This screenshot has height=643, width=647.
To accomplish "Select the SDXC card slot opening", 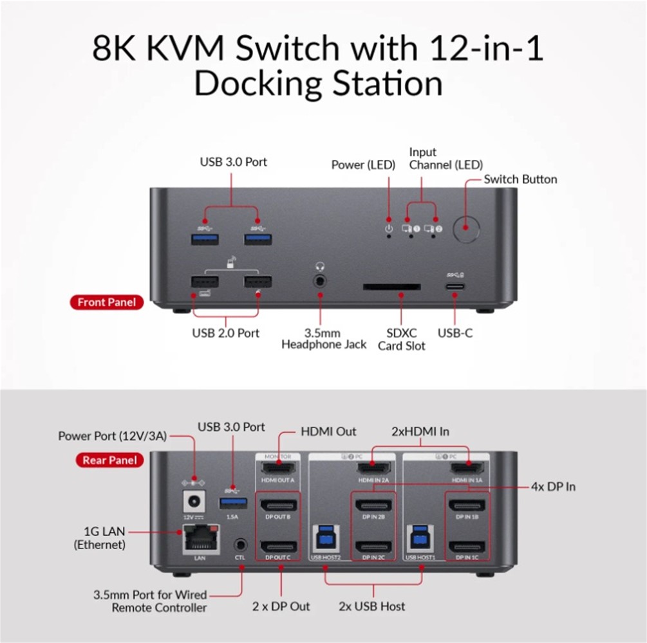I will tap(392, 287).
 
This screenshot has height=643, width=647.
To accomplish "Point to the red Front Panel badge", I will tap(107, 302).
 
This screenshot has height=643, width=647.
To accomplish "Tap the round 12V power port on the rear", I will tap(191, 502).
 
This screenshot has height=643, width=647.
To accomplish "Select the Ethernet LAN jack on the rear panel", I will tap(200, 539).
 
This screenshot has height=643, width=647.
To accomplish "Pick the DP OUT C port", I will tap(278, 547).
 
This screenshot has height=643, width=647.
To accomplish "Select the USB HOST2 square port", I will tap(324, 540).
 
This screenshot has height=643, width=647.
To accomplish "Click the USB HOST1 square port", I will tap(420, 540).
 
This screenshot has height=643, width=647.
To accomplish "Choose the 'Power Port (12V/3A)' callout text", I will tap(113, 436).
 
